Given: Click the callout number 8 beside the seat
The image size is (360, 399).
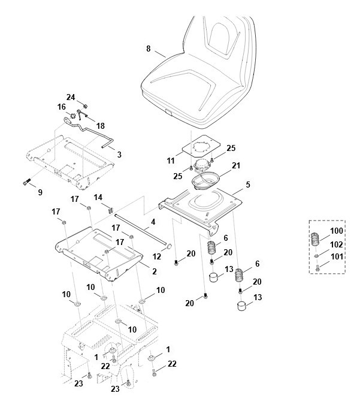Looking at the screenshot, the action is (x=149, y=49).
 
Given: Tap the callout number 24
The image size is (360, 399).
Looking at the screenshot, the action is (x=71, y=97).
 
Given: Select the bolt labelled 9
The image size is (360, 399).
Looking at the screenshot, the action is (x=26, y=182).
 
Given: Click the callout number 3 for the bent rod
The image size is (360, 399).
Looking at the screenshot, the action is (x=119, y=154).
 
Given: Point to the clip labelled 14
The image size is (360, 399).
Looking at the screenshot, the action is (x=111, y=210).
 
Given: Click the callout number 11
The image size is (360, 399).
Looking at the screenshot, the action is (x=171, y=161).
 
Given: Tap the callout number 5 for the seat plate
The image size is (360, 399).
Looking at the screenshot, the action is (x=248, y=185).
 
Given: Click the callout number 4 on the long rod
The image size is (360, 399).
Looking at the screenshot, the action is (x=153, y=222).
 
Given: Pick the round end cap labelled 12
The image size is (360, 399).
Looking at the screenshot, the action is (x=169, y=246).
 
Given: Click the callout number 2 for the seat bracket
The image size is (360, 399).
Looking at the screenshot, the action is (x=155, y=271).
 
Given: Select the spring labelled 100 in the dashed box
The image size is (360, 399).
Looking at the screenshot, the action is (x=315, y=238).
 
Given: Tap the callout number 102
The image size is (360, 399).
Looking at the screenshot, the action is (x=336, y=244).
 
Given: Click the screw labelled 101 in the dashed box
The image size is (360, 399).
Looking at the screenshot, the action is (x=317, y=268).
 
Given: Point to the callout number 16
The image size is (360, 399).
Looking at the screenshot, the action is (x=61, y=107).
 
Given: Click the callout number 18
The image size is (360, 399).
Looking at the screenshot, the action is (x=101, y=126).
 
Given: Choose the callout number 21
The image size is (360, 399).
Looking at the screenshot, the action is (x=236, y=165).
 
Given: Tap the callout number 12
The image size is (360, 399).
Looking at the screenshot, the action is (x=157, y=256).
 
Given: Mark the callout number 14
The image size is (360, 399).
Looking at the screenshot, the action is (x=98, y=198).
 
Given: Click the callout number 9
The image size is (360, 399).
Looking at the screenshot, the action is (x=40, y=192).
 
